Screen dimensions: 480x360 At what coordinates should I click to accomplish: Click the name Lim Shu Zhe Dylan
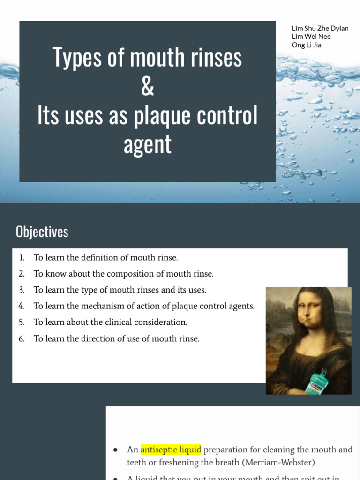coord(320,28)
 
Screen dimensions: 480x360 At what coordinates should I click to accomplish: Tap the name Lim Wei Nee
coord(311,37)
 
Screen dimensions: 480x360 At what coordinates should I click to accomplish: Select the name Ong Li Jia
coord(307,45)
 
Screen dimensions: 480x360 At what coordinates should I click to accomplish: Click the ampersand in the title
coord(147,87)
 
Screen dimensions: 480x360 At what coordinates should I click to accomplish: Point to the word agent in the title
coord(147,144)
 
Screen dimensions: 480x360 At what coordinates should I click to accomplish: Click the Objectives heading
coord(42,232)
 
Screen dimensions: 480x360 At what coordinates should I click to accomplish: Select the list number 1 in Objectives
coord(22,257)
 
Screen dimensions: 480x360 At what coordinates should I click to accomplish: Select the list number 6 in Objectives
coord(22,338)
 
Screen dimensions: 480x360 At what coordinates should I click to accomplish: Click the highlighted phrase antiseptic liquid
coord(171,450)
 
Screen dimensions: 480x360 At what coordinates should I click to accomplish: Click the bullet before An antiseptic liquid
coord(115,450)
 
